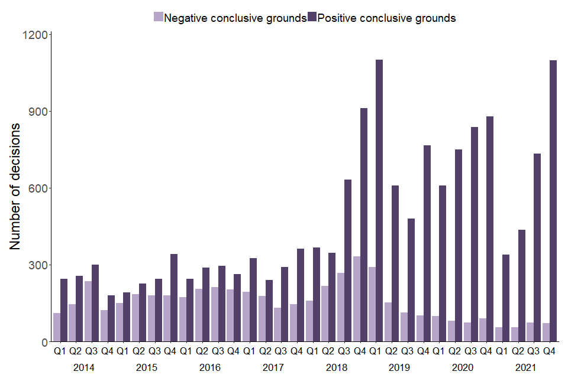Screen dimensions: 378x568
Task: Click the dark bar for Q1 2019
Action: pyautogui.click(x=379, y=201)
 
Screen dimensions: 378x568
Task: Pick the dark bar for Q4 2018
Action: pyautogui.click(x=364, y=225)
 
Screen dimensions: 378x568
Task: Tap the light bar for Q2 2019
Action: pyautogui.click(x=388, y=322)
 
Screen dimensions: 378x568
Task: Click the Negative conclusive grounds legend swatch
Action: pyautogui.click(x=158, y=17)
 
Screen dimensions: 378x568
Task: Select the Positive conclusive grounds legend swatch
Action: pyautogui.click(x=312, y=17)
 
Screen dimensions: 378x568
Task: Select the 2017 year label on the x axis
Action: pyautogui.click(x=273, y=367)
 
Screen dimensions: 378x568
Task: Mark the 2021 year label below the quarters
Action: pyautogui.click(x=525, y=367)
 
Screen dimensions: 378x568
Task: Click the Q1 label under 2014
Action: pyautogui.click(x=59, y=351)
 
